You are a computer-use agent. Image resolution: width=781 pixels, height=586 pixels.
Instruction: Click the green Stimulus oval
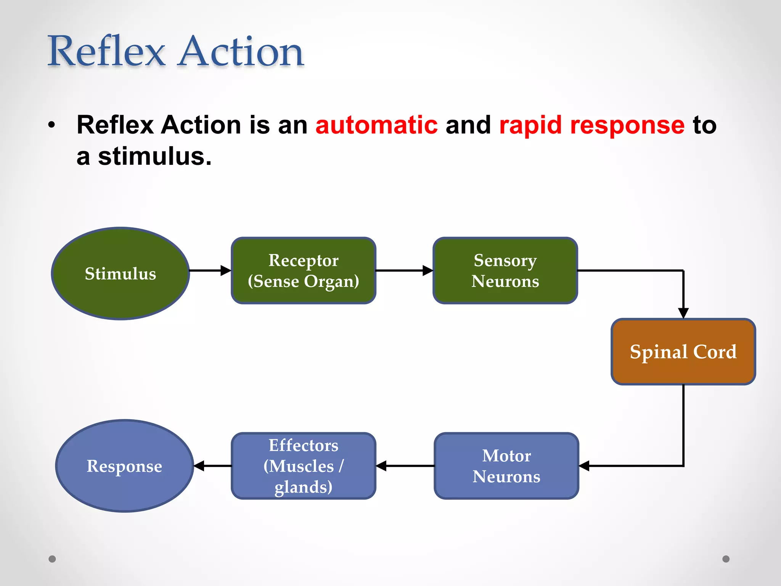tap(121, 274)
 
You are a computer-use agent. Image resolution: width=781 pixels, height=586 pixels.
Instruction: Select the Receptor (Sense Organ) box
tap(304, 270)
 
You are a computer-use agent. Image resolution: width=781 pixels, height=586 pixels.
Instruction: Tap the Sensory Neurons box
tap(505, 270)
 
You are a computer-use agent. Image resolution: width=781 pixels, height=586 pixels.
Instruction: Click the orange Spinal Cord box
tap(683, 351)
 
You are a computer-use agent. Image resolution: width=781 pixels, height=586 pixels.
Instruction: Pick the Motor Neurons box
tap(506, 466)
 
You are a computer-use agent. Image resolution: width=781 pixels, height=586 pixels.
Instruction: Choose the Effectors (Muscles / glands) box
tap(304, 466)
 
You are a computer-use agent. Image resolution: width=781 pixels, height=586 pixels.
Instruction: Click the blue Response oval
tap(124, 466)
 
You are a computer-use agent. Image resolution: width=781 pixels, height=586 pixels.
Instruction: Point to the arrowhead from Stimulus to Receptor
tap(226, 270)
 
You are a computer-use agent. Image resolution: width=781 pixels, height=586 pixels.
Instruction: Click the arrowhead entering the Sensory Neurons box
tap(428, 270)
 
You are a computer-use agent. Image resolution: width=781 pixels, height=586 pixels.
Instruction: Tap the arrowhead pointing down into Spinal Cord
tap(683, 313)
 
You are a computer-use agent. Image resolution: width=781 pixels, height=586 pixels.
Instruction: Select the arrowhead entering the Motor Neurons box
tap(584, 466)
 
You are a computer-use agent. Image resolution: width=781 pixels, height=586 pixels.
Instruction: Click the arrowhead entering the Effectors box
tap(381, 466)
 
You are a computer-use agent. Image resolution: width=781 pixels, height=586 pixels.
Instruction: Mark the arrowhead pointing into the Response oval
tap(199, 466)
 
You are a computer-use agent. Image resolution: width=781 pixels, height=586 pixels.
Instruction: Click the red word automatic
tap(376, 125)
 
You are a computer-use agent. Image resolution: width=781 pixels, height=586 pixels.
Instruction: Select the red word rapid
tap(530, 125)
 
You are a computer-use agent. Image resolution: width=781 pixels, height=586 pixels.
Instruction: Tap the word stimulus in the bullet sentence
tap(154, 156)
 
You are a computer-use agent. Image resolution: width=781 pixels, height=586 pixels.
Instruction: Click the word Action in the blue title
tap(241, 51)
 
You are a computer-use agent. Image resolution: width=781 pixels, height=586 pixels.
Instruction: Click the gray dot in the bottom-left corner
tap(52, 559)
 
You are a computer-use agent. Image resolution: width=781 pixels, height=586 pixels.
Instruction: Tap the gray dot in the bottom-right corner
tap(726, 559)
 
